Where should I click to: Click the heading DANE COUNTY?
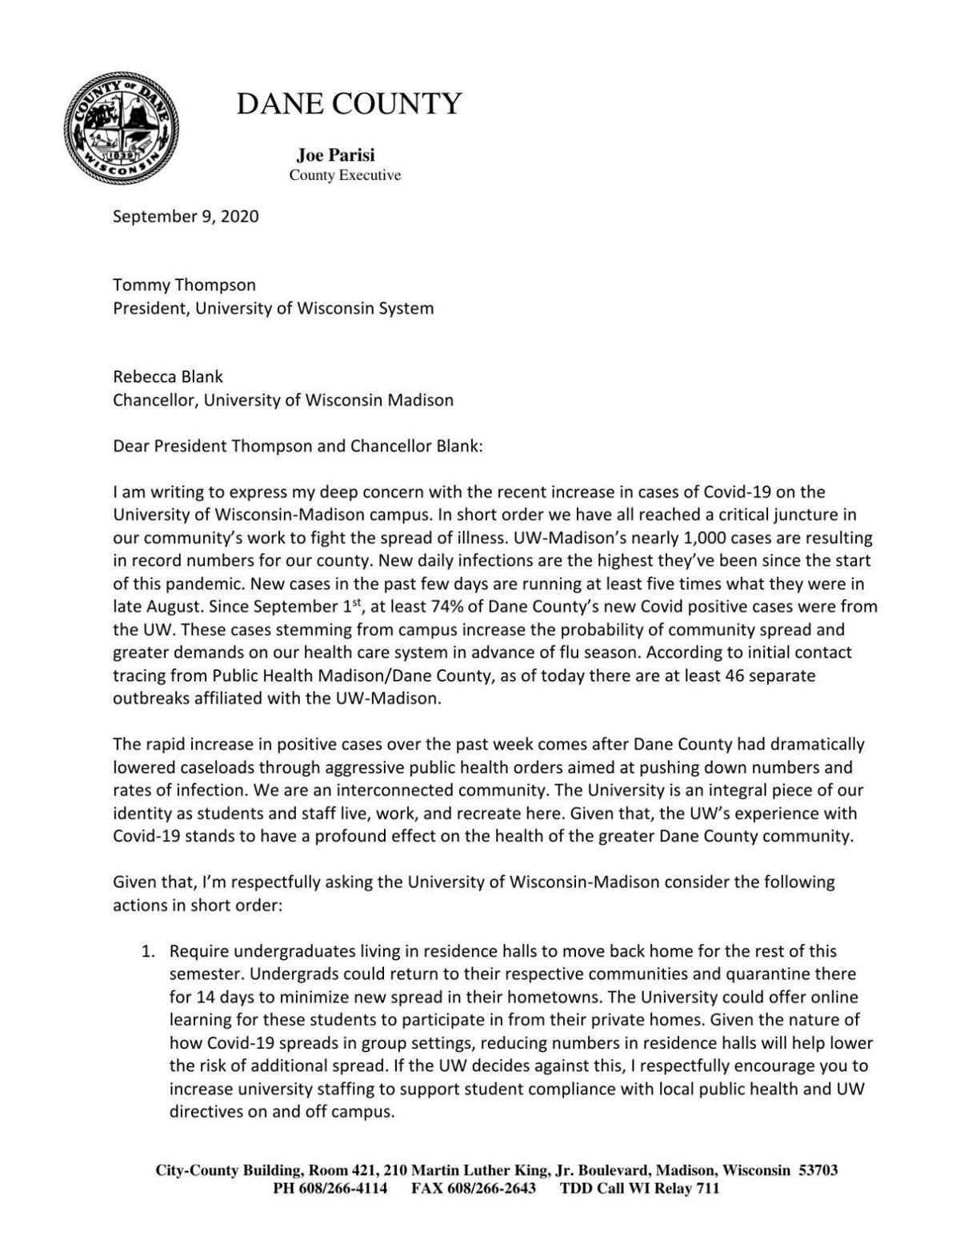(349, 104)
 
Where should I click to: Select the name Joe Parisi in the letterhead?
(335, 155)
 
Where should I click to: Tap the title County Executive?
(345, 175)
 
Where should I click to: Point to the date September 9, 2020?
(186, 216)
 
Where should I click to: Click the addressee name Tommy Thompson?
(184, 285)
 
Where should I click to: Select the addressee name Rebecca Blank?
(168, 377)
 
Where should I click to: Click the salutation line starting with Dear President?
(298, 446)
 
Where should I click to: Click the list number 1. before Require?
(147, 952)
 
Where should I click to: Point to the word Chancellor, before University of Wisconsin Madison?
(155, 400)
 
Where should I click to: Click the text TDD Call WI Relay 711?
(639, 1189)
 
